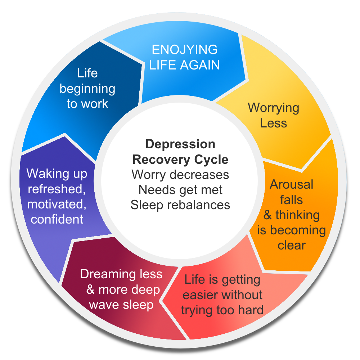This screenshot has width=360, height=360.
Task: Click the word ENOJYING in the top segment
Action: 184,50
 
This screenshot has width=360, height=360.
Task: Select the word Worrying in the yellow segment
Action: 273,108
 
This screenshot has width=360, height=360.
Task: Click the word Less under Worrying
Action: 274,123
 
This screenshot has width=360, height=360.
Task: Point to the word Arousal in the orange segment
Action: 292,184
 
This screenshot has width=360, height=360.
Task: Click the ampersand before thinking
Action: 267,215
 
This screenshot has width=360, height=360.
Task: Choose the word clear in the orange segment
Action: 292,245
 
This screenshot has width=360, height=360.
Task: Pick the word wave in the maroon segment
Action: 104,305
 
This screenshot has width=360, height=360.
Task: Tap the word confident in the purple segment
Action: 57,219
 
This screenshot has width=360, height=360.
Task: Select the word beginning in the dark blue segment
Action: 87,89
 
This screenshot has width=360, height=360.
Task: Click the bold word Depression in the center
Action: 180,144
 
